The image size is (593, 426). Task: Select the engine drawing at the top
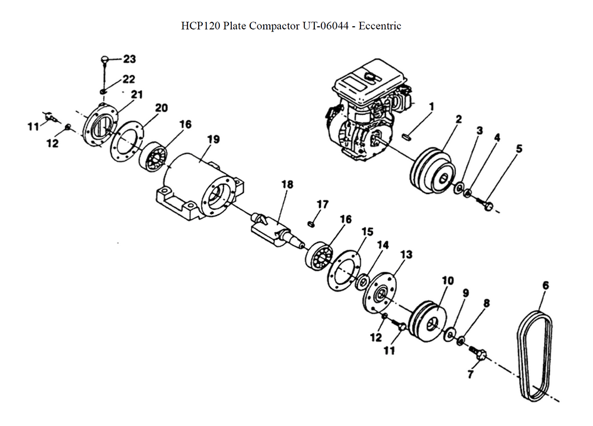(x=368, y=113)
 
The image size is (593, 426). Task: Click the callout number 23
(x=129, y=59)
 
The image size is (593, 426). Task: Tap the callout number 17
(x=322, y=204)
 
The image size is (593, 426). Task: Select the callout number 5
(x=519, y=148)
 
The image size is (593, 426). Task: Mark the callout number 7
(x=471, y=375)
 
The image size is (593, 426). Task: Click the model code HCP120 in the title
(x=200, y=26)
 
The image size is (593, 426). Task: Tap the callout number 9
(x=466, y=293)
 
